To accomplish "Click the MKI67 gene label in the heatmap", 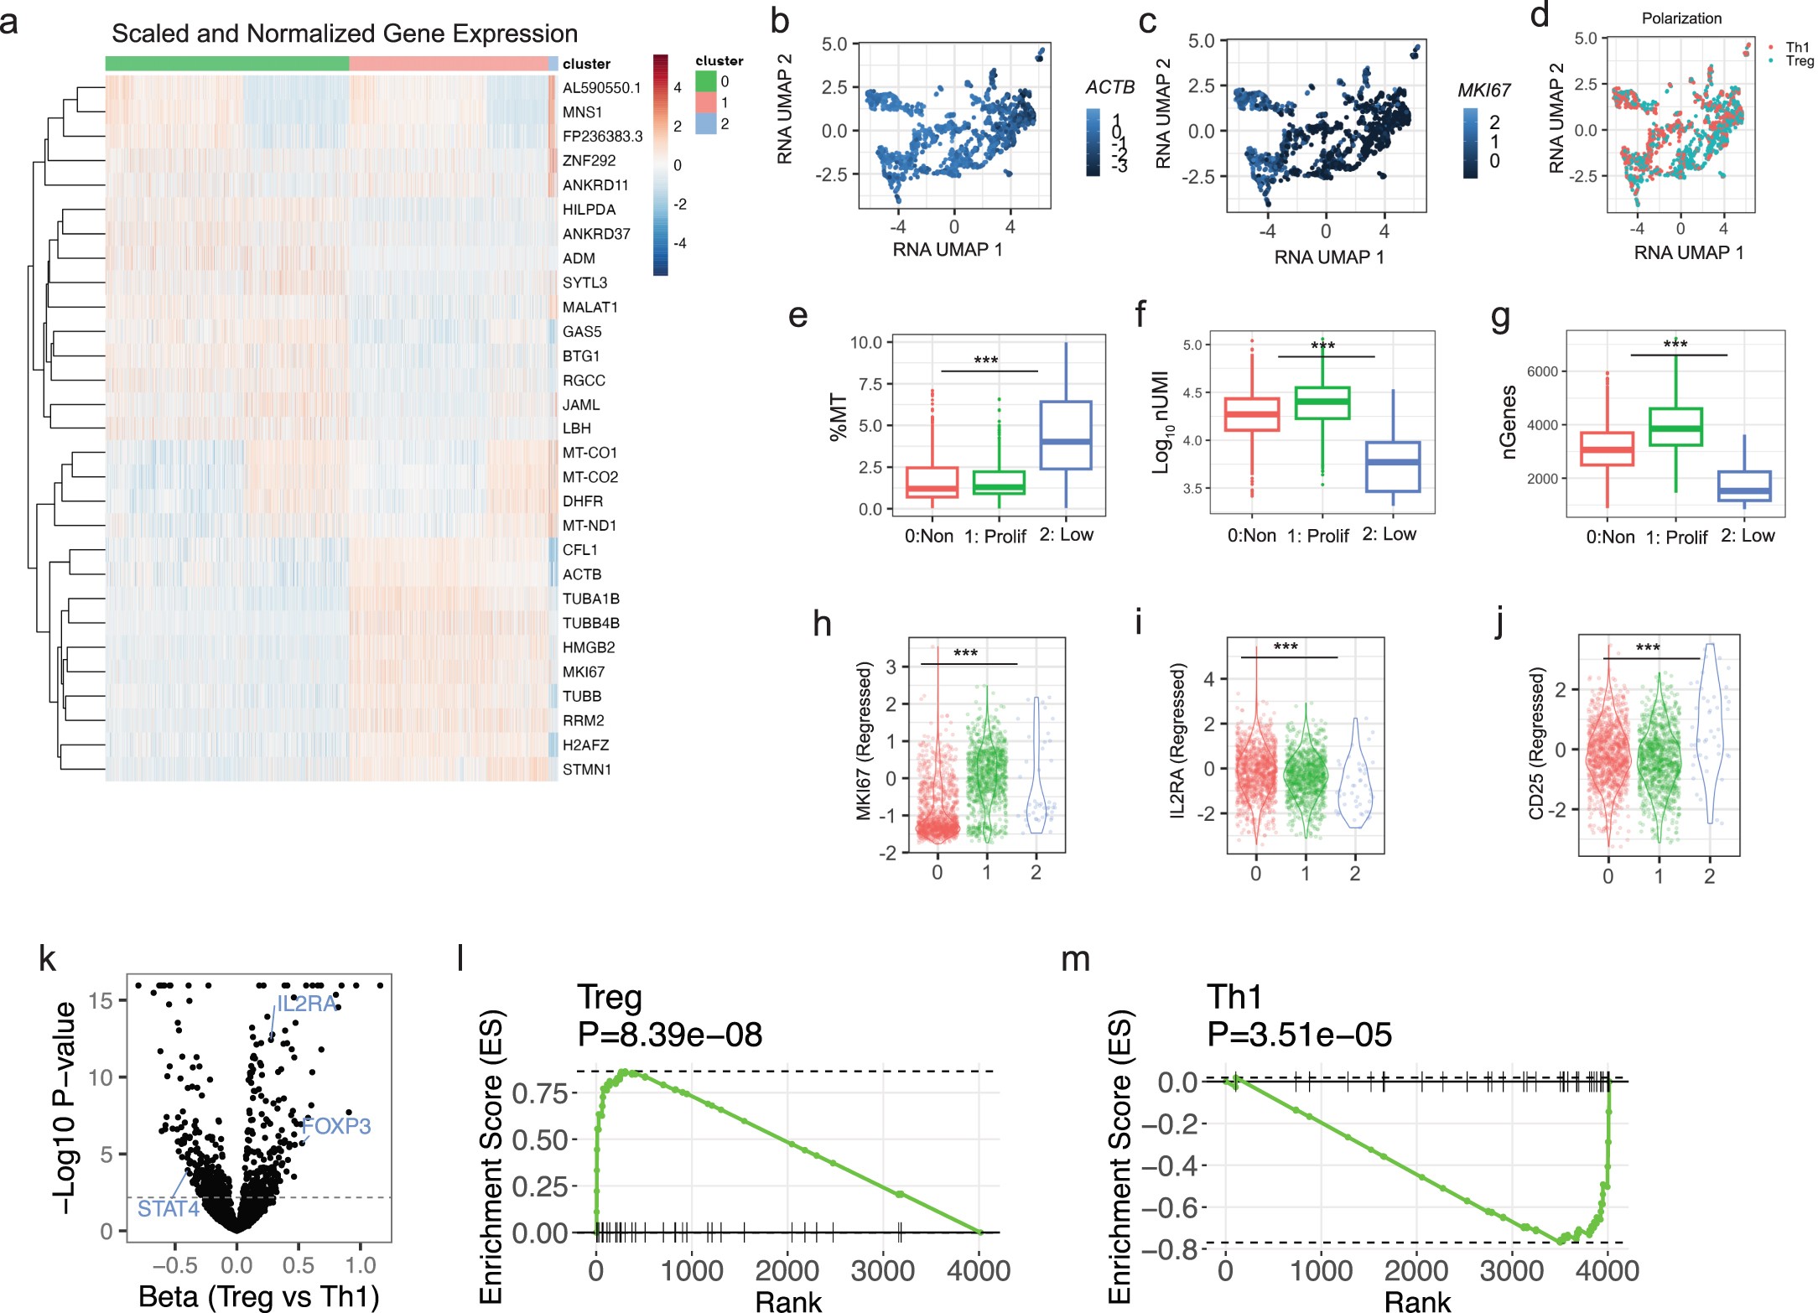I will [583, 672].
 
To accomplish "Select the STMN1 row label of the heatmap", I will [586, 769].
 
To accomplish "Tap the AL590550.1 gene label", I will [601, 87].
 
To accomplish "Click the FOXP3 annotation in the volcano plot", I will [336, 1125].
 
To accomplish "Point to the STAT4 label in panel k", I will [168, 1208].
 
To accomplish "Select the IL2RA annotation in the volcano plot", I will [306, 1004].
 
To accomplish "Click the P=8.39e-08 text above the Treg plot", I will [669, 1035].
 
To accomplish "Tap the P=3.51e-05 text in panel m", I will [1299, 1035].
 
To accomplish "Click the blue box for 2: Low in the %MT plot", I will [1066, 435].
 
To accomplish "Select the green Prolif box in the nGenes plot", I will [1675, 427].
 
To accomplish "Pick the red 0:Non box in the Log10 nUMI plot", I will [1252, 414].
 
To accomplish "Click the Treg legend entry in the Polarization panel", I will [1798, 61].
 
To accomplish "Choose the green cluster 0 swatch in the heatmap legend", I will [706, 81].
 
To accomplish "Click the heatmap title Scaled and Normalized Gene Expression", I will [345, 34].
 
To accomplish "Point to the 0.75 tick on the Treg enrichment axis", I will [540, 1092].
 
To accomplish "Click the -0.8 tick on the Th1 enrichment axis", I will [1179, 1249].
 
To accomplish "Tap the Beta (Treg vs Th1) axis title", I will [258, 1295].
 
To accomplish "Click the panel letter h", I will [822, 624].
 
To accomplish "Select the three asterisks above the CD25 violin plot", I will [1648, 648].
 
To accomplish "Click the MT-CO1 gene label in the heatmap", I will [590, 453].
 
